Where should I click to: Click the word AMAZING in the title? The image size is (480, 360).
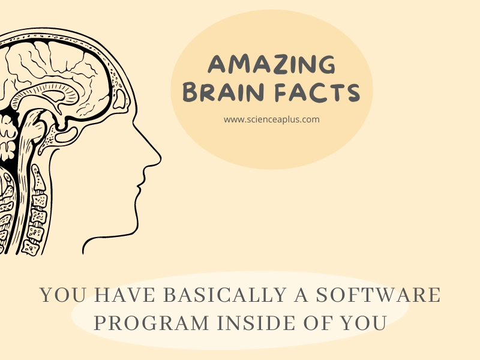(x=272, y=64)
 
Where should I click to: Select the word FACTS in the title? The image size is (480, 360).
(x=317, y=92)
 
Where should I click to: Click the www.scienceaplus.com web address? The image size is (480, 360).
(x=272, y=119)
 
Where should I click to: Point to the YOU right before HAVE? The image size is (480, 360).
(x=64, y=295)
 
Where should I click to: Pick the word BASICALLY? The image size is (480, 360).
(x=225, y=295)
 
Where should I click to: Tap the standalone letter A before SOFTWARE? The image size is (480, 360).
(x=301, y=295)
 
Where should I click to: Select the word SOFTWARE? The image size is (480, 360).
(x=378, y=295)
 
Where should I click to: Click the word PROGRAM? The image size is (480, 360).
(x=152, y=323)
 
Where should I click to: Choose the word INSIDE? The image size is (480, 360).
(x=256, y=323)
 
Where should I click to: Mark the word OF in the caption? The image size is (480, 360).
(x=318, y=323)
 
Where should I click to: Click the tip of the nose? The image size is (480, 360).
(x=160, y=158)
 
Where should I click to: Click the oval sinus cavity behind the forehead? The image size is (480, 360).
(x=119, y=98)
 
